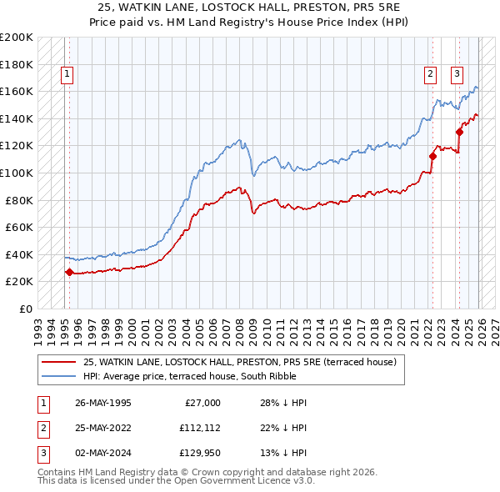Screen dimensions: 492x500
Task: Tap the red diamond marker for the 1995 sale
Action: (x=69, y=272)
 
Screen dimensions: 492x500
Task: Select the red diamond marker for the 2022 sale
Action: (x=432, y=156)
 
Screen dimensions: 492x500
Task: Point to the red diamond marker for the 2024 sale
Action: (x=459, y=132)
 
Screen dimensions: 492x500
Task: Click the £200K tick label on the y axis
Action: (x=17, y=38)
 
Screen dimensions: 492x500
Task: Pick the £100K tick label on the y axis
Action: (x=17, y=173)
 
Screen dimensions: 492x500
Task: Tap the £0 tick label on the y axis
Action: (x=24, y=309)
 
